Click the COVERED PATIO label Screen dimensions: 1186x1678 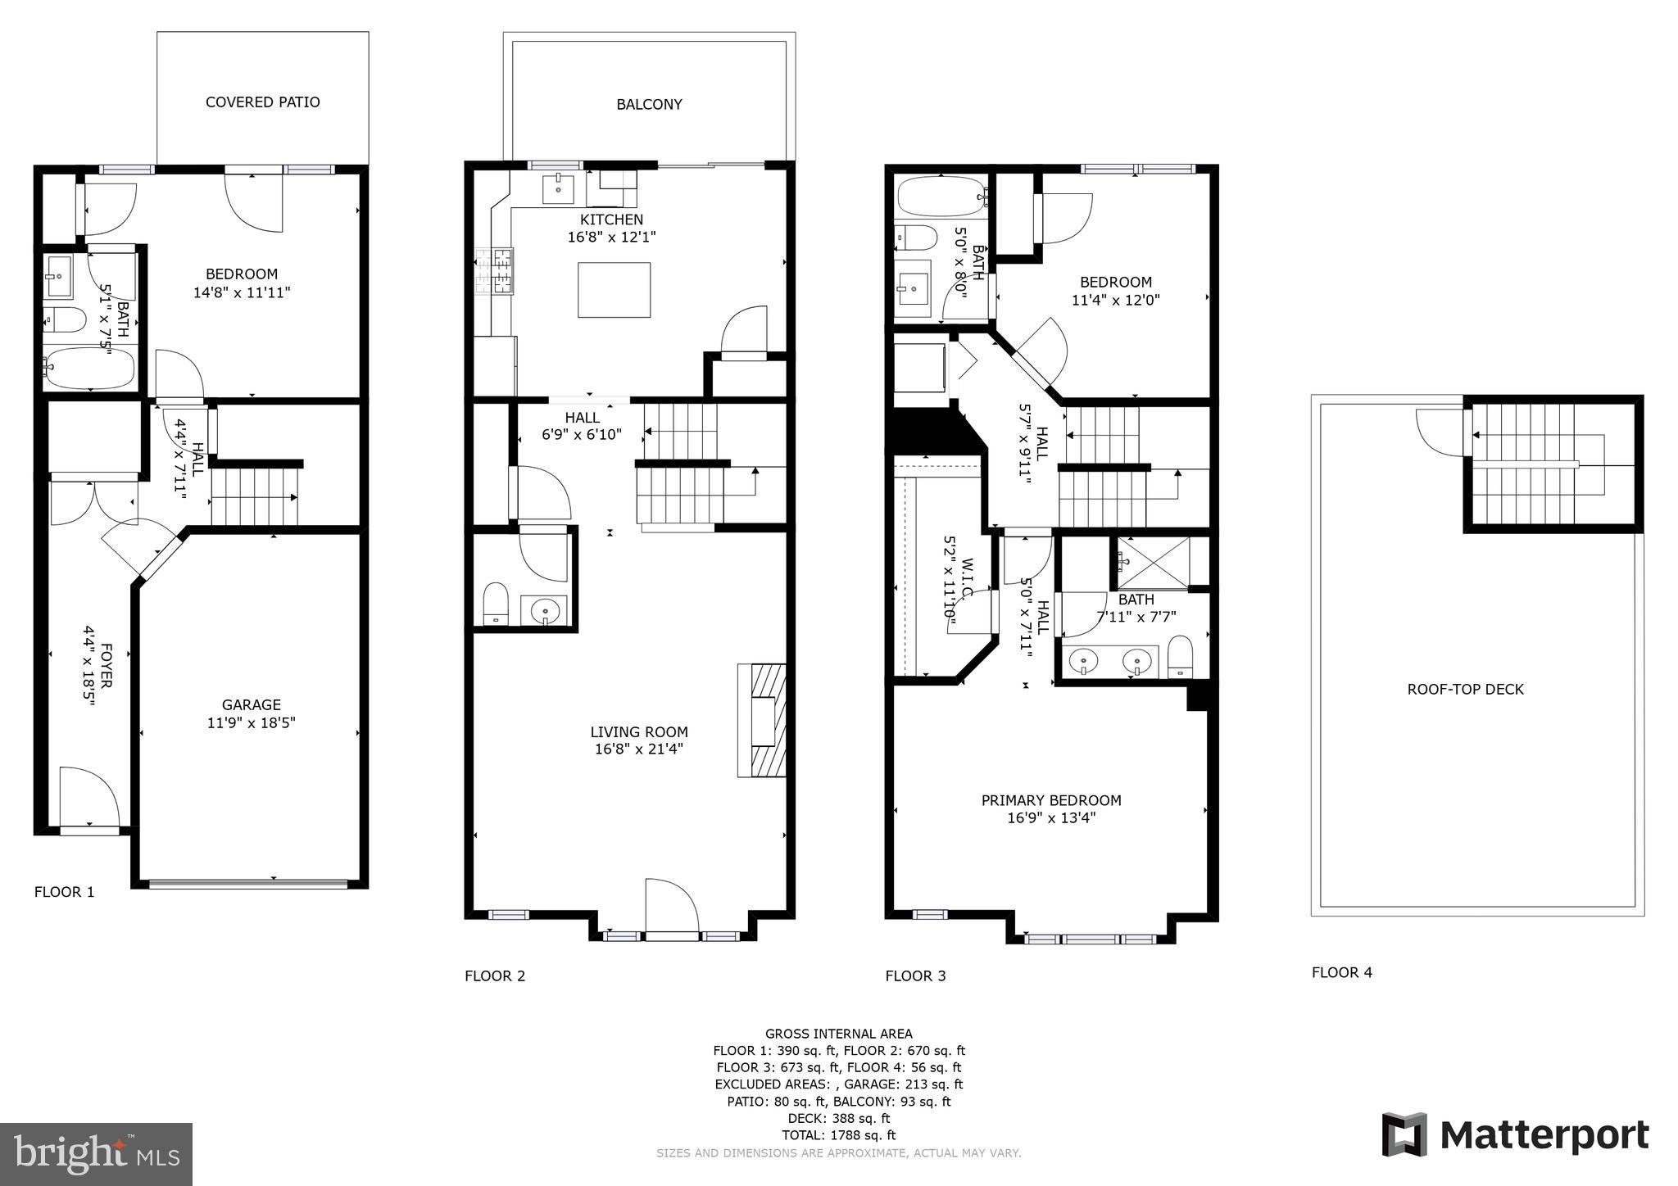pos(262,102)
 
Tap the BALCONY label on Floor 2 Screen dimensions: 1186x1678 pos(649,105)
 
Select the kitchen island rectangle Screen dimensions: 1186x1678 pos(614,290)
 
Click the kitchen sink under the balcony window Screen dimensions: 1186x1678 pos(560,188)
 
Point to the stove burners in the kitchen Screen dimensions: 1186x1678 pos(495,270)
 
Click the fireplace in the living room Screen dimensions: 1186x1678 pos(763,720)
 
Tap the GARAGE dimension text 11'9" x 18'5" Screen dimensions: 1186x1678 pos(251,723)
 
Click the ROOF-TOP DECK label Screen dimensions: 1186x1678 pos(1465,690)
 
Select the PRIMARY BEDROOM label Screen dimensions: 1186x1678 pos(1051,800)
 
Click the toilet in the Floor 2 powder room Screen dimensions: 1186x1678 pos(496,604)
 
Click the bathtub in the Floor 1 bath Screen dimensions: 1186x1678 pos(88,369)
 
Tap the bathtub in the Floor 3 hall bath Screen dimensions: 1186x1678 pos(940,197)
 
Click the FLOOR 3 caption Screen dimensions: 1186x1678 pos(915,976)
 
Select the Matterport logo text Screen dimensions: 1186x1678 pos(1544,1136)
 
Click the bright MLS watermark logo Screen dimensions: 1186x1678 pos(96,1154)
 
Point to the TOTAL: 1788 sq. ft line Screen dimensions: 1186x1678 pos(838,1135)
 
